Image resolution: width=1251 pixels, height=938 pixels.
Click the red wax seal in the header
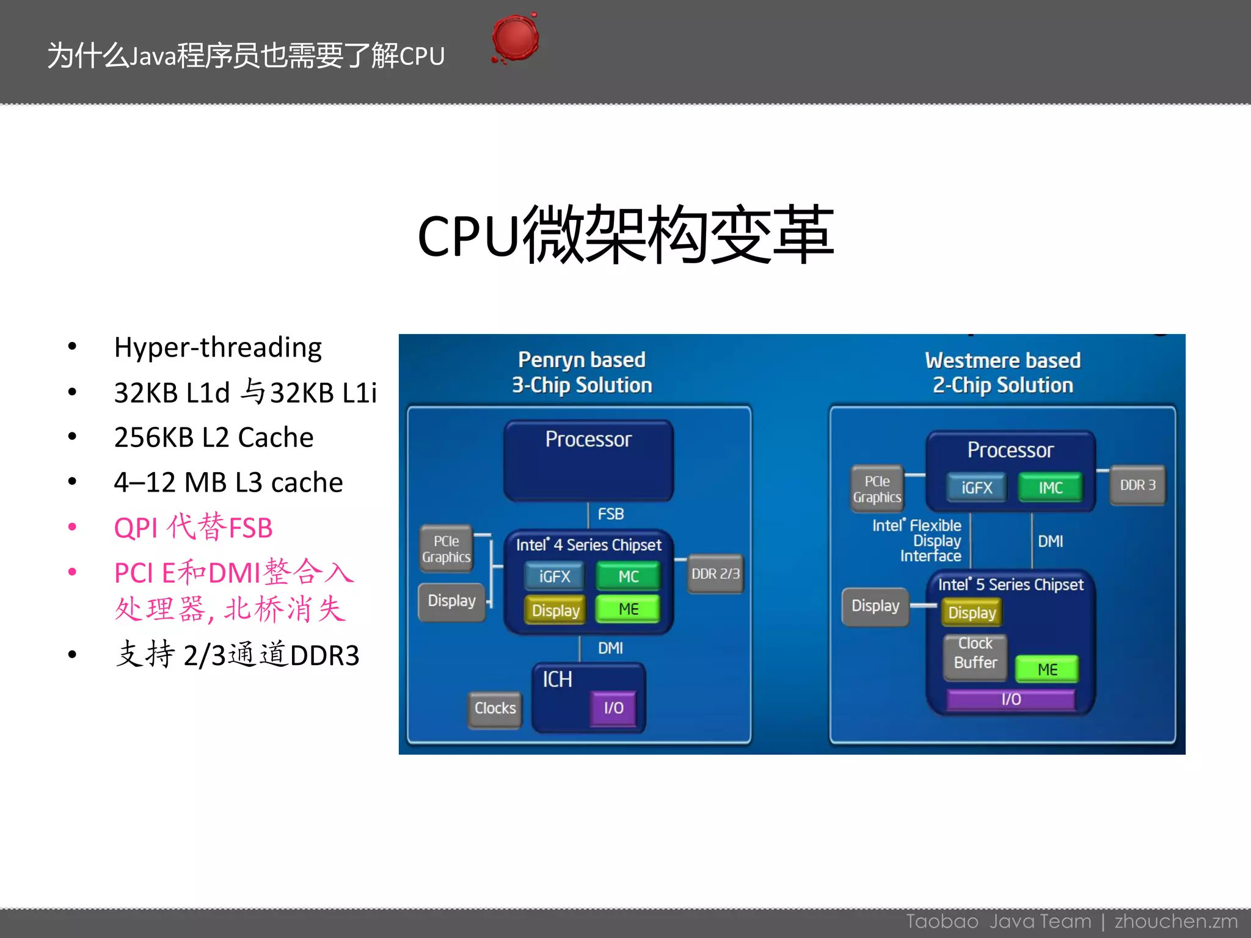(515, 38)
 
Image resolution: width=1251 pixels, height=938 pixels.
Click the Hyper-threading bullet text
(217, 347)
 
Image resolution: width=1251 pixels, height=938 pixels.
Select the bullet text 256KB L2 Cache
(213, 437)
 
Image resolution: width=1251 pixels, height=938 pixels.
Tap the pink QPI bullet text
(193, 527)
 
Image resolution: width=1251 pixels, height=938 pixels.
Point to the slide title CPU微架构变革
(625, 235)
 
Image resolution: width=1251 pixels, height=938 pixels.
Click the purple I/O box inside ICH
(613, 708)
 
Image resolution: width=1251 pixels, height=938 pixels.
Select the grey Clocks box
(495, 708)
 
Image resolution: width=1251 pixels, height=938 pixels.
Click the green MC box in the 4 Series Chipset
(628, 576)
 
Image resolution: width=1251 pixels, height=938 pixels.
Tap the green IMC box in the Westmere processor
(1050, 487)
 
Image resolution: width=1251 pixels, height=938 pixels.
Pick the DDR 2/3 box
(715, 574)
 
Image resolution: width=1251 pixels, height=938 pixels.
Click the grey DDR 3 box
(1137, 485)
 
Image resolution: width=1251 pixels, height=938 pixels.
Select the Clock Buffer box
(975, 654)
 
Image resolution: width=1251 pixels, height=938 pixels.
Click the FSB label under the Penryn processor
(610, 514)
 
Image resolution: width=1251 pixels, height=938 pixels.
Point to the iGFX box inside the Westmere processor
(976, 487)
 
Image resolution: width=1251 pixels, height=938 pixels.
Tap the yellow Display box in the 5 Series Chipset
(971, 613)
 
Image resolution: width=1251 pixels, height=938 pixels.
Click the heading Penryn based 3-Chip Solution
(582, 373)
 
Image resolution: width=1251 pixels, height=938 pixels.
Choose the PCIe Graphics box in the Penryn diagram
(446, 549)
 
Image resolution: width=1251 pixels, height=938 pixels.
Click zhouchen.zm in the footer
(1175, 922)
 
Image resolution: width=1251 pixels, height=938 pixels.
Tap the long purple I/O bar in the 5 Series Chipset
(1010, 699)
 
